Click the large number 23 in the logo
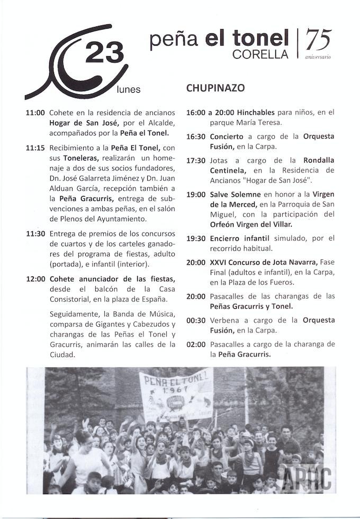click(104, 53)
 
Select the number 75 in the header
click(319, 40)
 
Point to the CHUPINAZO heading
click(215, 88)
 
